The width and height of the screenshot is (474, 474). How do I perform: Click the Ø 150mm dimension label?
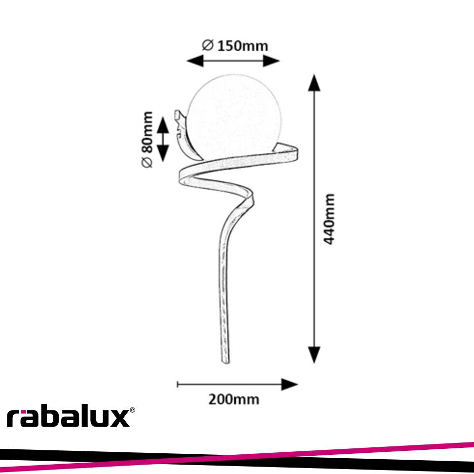(235, 46)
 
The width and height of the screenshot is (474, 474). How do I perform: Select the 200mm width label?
(233, 399)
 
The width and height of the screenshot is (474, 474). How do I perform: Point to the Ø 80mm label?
(147, 140)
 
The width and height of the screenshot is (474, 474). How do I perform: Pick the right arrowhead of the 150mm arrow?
(272, 61)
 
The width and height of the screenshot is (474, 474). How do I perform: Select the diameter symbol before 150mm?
(208, 45)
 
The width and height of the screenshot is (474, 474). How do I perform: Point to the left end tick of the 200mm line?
(178, 384)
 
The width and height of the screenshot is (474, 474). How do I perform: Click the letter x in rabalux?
(118, 419)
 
